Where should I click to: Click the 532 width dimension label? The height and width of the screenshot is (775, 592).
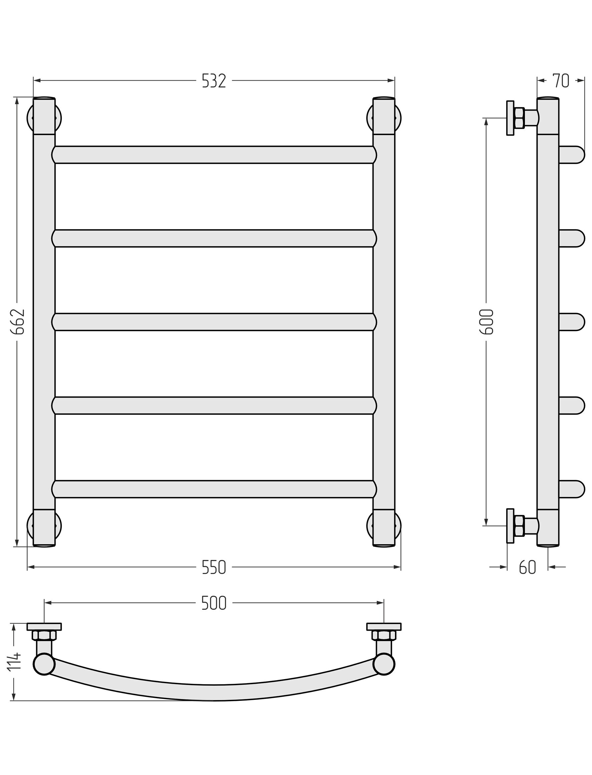214,81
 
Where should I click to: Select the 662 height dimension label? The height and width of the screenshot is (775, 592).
17,322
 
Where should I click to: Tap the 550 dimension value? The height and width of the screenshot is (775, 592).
214,567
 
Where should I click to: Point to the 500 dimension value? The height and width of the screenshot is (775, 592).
214,603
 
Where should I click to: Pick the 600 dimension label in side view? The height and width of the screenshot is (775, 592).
486,322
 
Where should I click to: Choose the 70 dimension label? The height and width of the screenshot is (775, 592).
561,81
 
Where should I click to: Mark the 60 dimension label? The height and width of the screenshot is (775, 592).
528,567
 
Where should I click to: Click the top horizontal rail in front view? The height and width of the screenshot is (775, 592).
214,155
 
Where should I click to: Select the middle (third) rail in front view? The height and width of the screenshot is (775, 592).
214,322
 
